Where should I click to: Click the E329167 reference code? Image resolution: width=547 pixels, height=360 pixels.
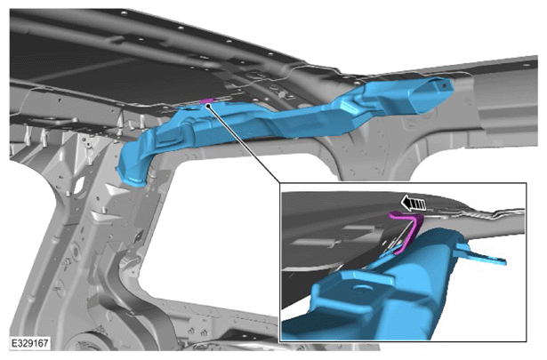29,343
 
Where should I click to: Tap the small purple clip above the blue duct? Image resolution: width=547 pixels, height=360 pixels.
206,101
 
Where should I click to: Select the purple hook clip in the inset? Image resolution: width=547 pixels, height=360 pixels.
408,230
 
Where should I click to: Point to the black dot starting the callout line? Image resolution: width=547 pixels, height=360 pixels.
207,106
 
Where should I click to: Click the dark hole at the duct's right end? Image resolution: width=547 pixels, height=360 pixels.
444,84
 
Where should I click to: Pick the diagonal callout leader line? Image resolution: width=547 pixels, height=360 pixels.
244,144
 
